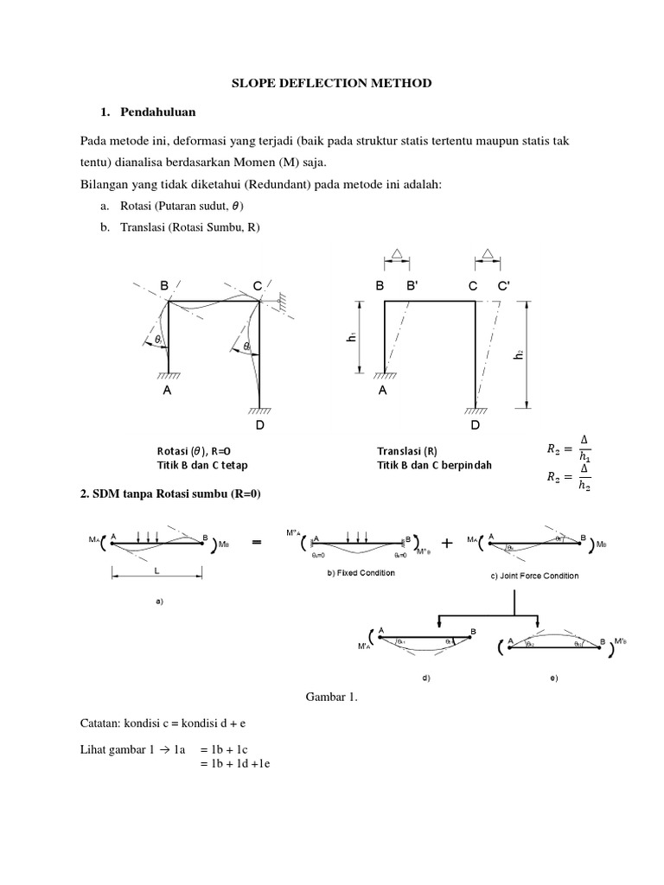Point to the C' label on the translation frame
coord(502,286)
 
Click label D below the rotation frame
coord(259,427)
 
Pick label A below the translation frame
coord(381,391)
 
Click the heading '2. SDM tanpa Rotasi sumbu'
coord(169,494)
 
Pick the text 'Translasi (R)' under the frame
coord(406,451)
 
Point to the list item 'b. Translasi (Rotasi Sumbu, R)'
coord(180,227)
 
